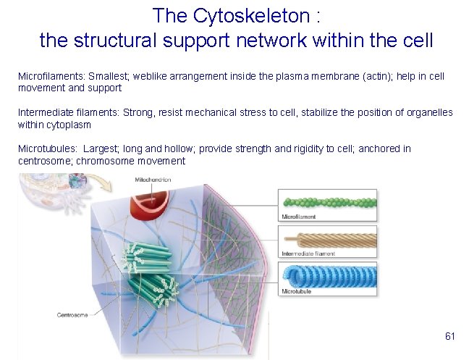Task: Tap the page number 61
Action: click(449, 336)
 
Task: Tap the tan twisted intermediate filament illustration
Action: click(328, 240)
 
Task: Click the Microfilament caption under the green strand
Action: click(298, 217)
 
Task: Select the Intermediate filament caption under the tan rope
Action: click(308, 254)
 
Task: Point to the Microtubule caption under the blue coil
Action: click(296, 292)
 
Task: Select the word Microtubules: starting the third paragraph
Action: click(44, 148)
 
